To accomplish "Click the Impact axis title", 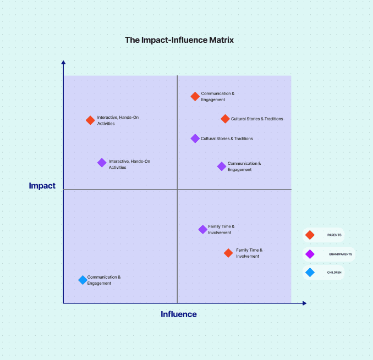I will pyautogui.click(x=42, y=186).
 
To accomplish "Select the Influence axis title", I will pyautogui.click(x=179, y=314).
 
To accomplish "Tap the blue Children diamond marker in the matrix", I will pyautogui.click(x=83, y=280).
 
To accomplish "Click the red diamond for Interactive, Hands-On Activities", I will pyautogui.click(x=90, y=120).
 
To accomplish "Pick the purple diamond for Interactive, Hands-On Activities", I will pyautogui.click(x=102, y=163).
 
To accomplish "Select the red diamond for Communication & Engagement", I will pyautogui.click(x=195, y=96).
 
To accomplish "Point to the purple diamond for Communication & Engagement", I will pyautogui.click(x=221, y=166).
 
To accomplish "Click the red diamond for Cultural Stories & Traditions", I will pyautogui.click(x=225, y=119).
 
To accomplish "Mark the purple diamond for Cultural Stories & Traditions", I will pyautogui.click(x=195, y=139).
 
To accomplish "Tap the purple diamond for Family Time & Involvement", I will pyautogui.click(x=202, y=229).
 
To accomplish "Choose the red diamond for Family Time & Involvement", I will pyautogui.click(x=228, y=253).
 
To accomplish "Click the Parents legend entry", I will pyautogui.click(x=324, y=235).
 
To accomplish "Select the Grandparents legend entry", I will pyautogui.click(x=329, y=254).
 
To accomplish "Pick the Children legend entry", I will pyautogui.click(x=324, y=272).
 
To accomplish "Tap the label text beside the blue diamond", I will pyautogui.click(x=103, y=280).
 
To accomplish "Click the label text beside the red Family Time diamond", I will pyautogui.click(x=249, y=253).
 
